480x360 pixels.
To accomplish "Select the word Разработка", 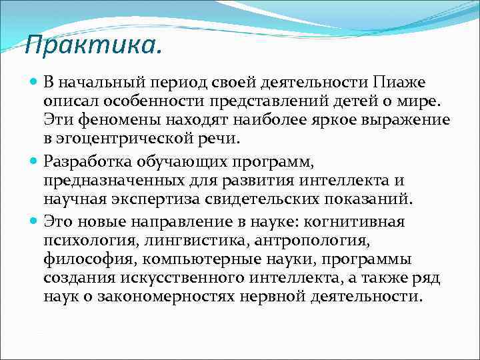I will [89, 161].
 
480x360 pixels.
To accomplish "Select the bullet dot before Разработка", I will [34, 161].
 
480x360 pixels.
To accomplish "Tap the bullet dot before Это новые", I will [34, 219].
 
